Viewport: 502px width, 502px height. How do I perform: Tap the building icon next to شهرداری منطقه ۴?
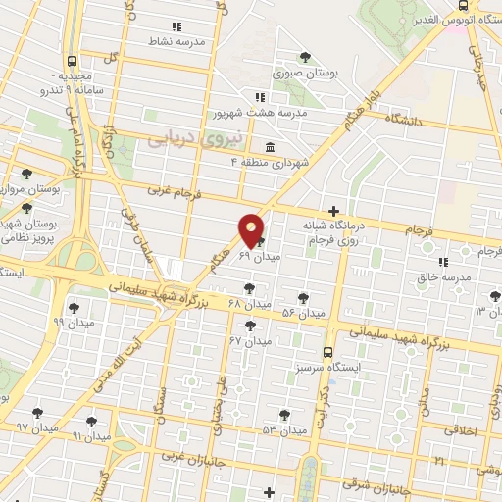[x=270, y=147]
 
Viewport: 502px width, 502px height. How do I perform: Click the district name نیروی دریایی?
[x=180, y=140]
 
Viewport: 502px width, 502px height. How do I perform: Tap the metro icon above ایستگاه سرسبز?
[x=328, y=350]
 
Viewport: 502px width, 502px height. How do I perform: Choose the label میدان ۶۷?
[x=250, y=341]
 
